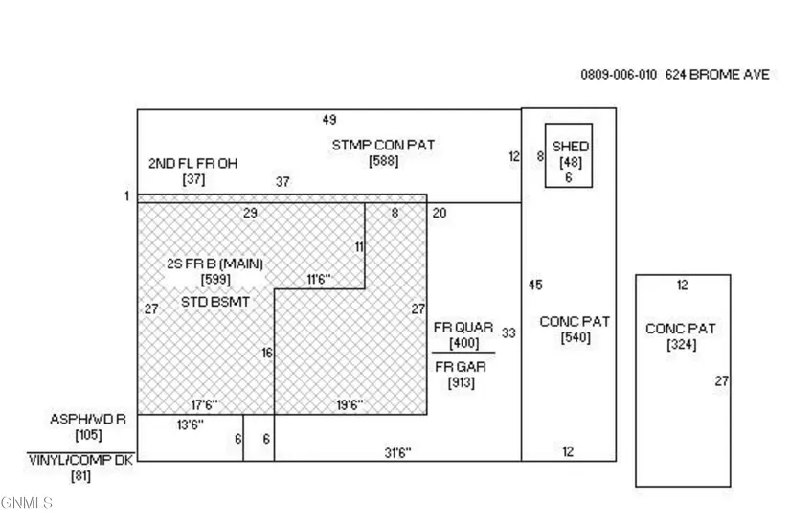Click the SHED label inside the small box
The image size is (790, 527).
tap(571, 147)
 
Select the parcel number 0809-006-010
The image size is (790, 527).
tap(619, 75)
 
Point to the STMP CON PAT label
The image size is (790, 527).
tap(383, 145)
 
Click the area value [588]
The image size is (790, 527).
tap(383, 161)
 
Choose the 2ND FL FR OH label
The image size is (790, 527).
tap(192, 163)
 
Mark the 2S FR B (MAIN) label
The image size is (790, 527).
tap(214, 263)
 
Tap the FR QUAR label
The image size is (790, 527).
tap(463, 328)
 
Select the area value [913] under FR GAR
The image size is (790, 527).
tap(463, 383)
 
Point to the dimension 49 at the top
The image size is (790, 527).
tap(329, 120)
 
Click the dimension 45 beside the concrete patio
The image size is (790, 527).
tap(535, 285)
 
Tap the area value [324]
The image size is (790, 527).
tap(681, 345)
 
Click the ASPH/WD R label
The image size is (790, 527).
tap(81, 420)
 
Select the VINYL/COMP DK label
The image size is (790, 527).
tap(81, 460)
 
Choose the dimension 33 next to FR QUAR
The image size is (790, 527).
tap(508, 332)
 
